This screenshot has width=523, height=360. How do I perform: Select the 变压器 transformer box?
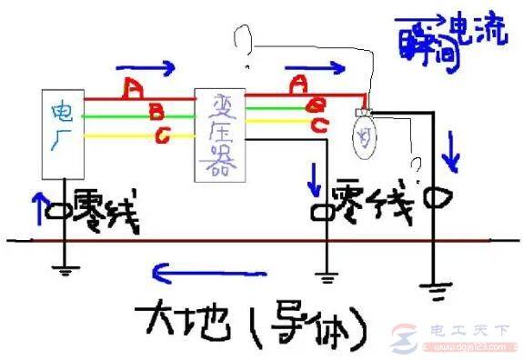(x=221, y=133)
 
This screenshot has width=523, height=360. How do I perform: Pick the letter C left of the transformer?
(x=161, y=138)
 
